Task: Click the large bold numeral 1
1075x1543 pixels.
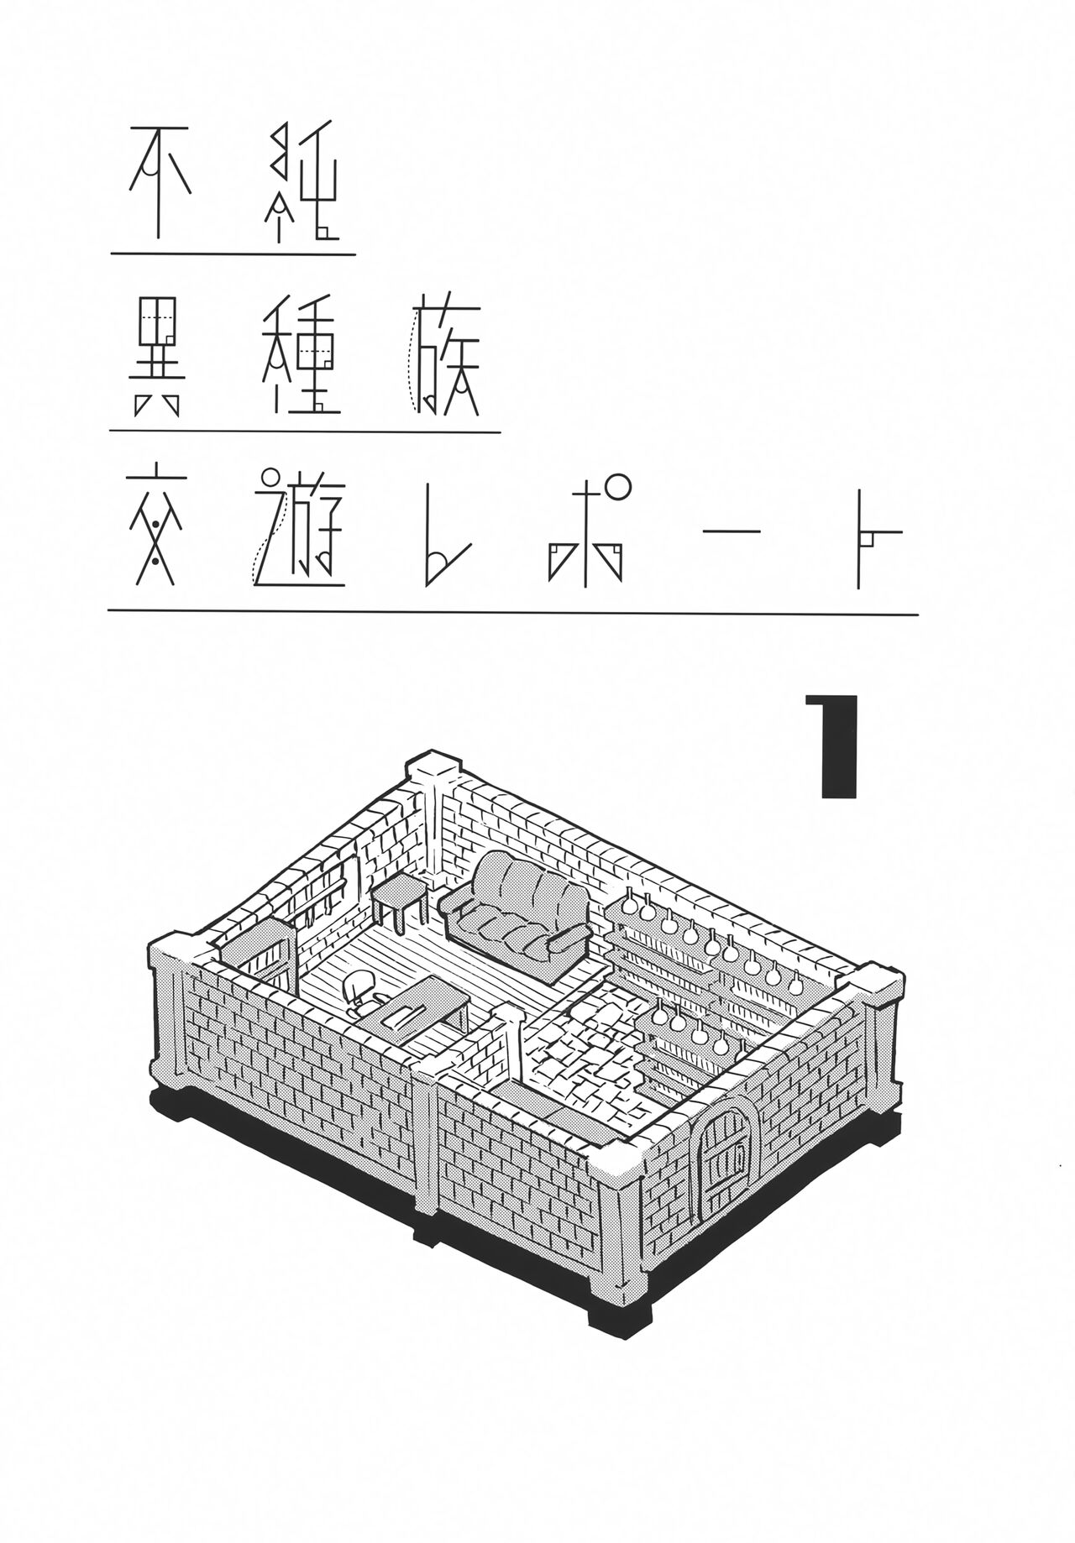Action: coord(832,745)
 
